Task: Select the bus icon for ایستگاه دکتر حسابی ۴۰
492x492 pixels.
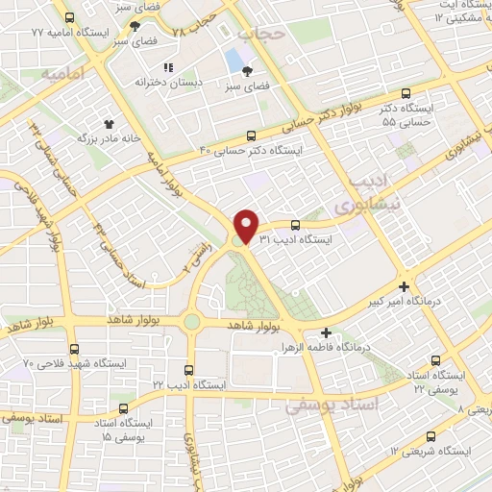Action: point(251,135)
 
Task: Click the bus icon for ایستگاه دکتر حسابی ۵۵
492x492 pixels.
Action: point(406,94)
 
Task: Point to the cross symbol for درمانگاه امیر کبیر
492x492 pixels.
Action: point(405,286)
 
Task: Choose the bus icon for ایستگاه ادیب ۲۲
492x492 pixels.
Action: point(188,369)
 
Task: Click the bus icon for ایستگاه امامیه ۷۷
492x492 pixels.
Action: point(69,17)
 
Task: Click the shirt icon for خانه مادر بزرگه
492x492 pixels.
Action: point(108,123)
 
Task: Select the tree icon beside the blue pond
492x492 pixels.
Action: point(249,70)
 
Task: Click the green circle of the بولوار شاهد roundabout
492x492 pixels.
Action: point(191,321)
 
